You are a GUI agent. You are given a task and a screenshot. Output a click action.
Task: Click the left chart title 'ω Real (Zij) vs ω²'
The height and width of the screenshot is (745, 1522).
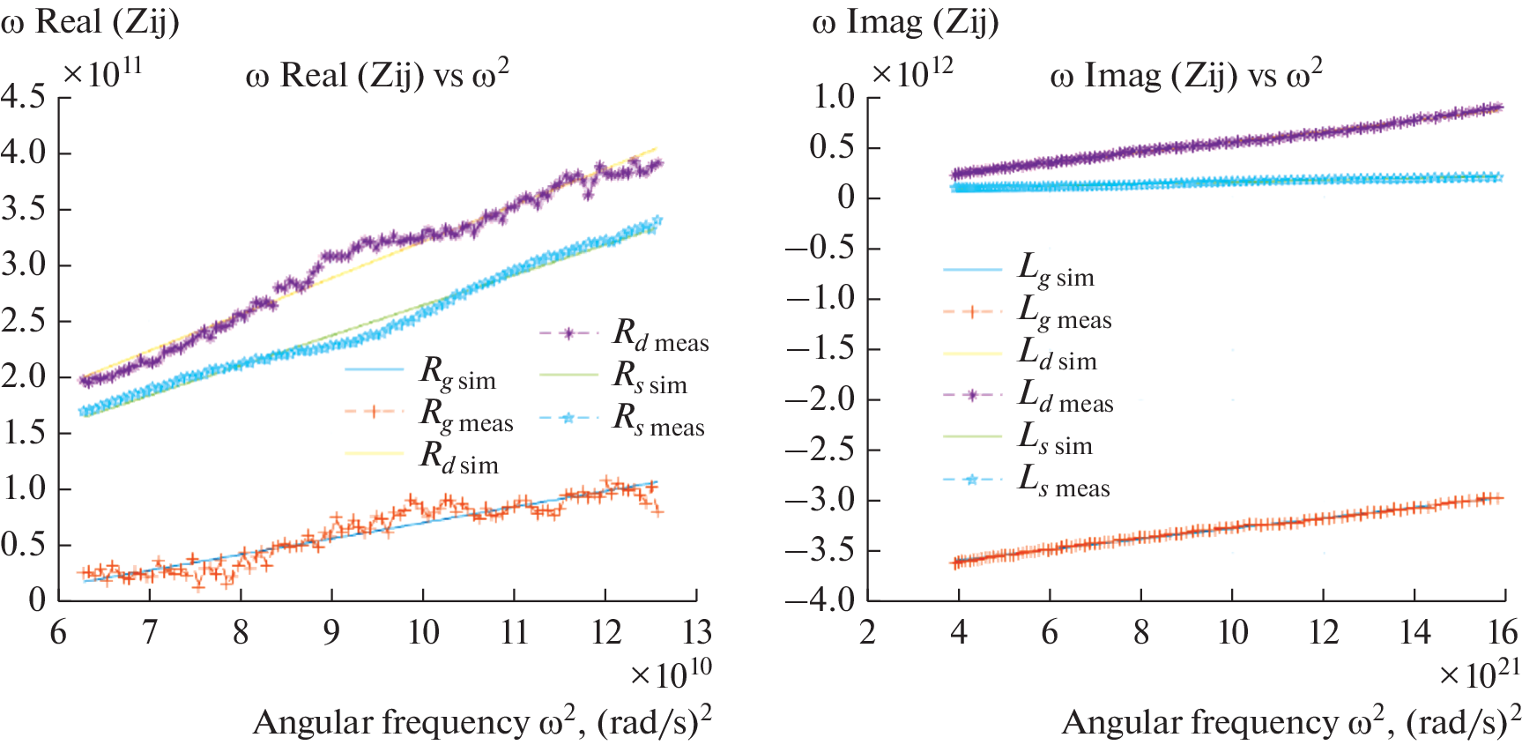pos(377,76)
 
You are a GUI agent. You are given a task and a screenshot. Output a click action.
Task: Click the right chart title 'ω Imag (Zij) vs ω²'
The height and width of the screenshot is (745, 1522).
pos(1185,76)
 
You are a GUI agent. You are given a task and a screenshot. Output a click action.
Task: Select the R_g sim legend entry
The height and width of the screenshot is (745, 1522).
pos(457,374)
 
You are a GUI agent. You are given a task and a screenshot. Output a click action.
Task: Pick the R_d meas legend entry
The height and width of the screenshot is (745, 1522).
pos(660,335)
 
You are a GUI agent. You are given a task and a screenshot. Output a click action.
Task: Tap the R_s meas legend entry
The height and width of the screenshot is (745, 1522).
pos(658,420)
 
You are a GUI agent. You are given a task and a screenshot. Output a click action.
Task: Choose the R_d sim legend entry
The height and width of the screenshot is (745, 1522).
pos(458,458)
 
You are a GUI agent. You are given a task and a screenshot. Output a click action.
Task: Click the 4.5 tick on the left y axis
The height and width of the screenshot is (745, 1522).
pos(24,96)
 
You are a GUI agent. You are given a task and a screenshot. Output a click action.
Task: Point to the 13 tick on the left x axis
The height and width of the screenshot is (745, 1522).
pos(697,632)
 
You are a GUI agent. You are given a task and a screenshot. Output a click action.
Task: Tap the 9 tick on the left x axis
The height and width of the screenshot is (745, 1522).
pos(331,632)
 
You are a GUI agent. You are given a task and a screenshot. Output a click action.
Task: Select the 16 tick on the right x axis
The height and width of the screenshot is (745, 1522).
pos(1503,632)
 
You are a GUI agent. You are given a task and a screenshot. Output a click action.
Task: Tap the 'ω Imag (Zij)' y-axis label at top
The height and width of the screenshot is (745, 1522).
pos(905,21)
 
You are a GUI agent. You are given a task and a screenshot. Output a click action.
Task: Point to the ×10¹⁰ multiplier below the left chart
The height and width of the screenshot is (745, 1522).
pos(671,674)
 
